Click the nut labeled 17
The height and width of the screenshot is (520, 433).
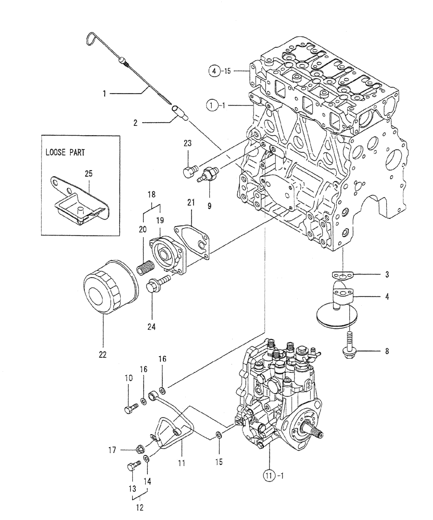[141, 449]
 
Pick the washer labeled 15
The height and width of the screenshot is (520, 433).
[220, 435]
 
